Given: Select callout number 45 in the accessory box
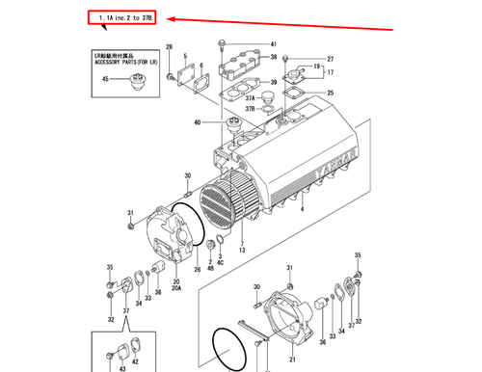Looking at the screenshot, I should (x=106, y=79).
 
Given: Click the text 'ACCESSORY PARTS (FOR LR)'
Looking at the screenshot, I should (x=126, y=63).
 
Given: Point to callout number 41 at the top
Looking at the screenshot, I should (x=273, y=45).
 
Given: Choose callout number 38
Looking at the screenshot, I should (x=273, y=58).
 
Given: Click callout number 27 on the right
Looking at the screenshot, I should (x=331, y=60).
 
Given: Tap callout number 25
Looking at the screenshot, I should (x=331, y=93).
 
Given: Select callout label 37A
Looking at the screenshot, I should (x=249, y=98).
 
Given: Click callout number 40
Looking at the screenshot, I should (x=198, y=122).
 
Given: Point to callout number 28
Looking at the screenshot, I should (x=169, y=47).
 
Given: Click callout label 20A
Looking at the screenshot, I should (x=176, y=287).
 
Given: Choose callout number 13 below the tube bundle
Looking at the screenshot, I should (x=243, y=250).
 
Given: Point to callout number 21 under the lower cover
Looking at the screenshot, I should (x=291, y=359).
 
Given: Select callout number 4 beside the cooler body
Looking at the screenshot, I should (x=302, y=209).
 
